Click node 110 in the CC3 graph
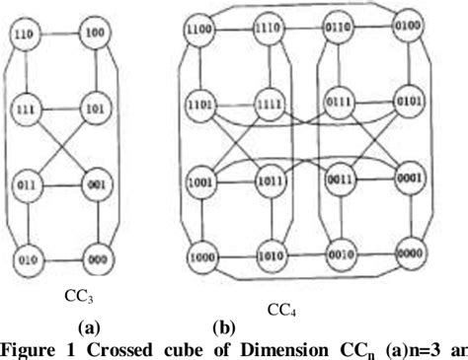(24, 36)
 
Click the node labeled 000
(94, 261)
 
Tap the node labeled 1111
(266, 102)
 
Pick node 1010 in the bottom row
(266, 252)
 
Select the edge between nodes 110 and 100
(58, 35)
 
